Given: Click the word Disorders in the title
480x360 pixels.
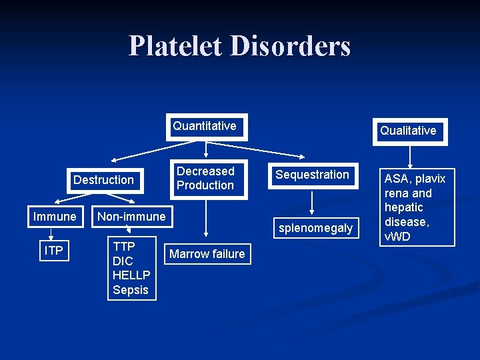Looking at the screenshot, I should coord(290,46).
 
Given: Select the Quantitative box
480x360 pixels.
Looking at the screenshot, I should coord(206,127).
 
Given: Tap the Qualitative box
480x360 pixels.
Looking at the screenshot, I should coord(408,131).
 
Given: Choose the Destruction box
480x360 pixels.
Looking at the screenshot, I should coord(104,180).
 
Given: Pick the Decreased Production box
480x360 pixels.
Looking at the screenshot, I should coord(206,179).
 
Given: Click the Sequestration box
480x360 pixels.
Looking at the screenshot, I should coord(313,175).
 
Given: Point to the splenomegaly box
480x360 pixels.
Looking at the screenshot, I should coord(315,228).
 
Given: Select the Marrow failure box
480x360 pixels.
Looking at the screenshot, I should coord(207,253).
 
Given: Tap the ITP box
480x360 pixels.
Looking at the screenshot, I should coord(54,251).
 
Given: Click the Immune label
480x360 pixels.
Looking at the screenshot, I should coord(55,217).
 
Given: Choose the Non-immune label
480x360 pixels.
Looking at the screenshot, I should coord(131,217).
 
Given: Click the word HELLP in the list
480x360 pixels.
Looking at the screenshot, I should coord(131,275).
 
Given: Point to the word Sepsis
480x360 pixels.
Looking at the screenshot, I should coord(131,289).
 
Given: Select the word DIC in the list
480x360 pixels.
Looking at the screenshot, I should coord(123,261).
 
